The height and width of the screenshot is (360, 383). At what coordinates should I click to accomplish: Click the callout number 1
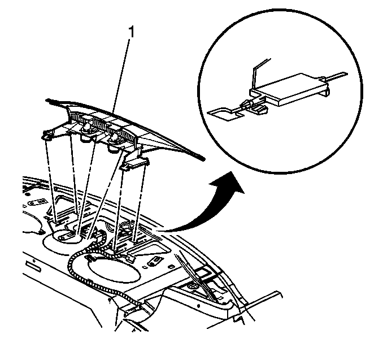[132, 32]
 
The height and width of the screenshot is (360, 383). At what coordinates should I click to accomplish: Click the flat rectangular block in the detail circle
[288, 89]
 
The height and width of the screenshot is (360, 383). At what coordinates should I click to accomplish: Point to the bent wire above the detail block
[259, 71]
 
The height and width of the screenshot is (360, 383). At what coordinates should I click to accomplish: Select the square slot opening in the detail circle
[219, 114]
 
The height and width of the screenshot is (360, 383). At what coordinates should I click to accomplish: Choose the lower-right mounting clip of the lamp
[135, 163]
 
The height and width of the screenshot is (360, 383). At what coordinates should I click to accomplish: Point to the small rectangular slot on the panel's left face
[33, 266]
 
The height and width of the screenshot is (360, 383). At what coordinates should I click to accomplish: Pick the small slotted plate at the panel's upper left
[38, 202]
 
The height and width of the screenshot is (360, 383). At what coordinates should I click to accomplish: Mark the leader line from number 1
[120, 76]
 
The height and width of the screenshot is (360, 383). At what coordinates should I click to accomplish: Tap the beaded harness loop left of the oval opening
[73, 269]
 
